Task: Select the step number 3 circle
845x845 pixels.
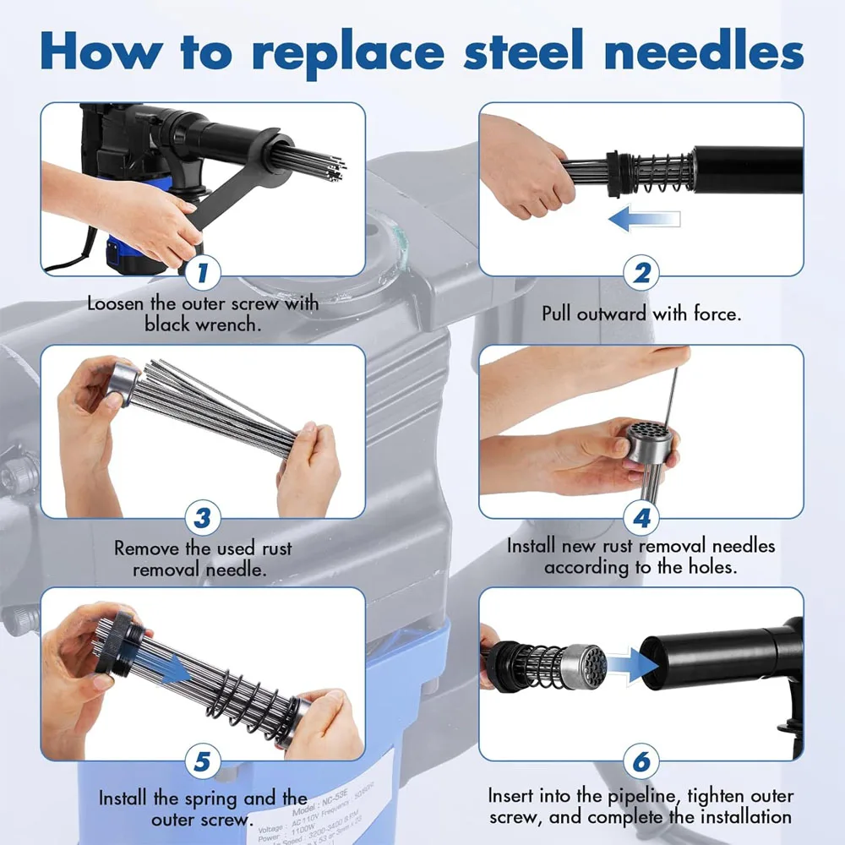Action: point(203,515)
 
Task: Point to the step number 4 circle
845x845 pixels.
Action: point(641,515)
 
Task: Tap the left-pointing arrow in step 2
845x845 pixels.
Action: point(644,221)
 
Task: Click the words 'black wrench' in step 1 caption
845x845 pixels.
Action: point(202,324)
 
